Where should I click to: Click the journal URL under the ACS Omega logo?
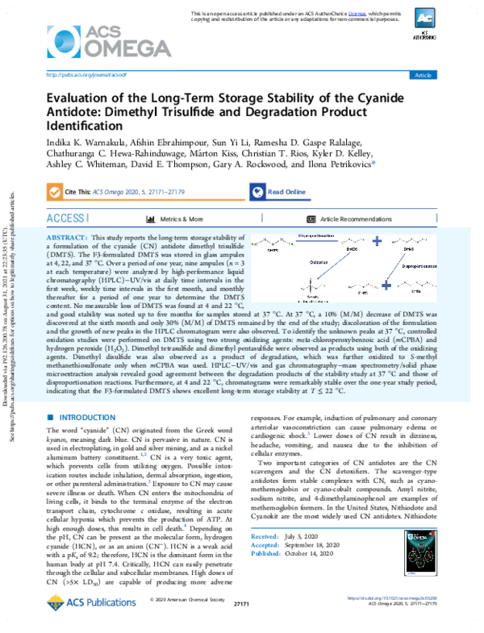pos(81,74)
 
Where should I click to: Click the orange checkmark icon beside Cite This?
pos(56,193)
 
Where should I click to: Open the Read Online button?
pos(278,193)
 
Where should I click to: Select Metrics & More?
pos(175,219)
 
